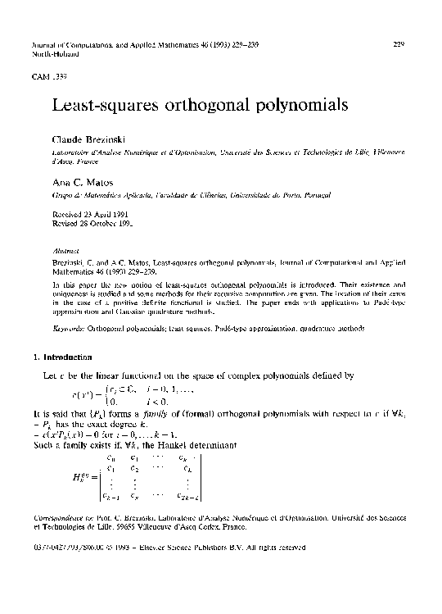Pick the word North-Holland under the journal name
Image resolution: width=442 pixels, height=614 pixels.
click(x=54, y=53)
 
